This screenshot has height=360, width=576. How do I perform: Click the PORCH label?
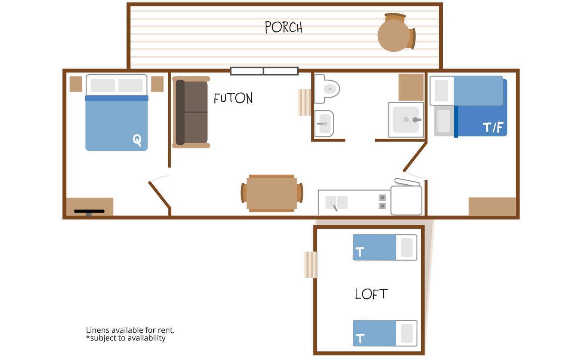(x=284, y=27)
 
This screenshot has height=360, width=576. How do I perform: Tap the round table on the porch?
(x=393, y=36)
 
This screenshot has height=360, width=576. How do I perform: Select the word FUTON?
(x=233, y=98)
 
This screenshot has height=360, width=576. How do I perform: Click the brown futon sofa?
(x=191, y=112)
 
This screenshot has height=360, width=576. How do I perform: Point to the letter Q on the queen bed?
(x=137, y=140)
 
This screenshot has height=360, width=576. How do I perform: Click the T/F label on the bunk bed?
(x=493, y=127)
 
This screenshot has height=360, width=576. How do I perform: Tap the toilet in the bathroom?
(x=327, y=89)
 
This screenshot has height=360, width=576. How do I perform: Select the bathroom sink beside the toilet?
(x=324, y=124)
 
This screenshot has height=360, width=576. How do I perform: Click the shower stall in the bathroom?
(x=406, y=120)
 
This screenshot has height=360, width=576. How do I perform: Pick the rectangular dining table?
(x=272, y=193)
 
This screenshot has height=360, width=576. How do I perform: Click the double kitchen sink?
(x=337, y=203)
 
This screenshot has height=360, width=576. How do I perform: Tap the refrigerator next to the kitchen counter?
(x=406, y=200)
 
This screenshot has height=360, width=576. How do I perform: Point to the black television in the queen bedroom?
(x=89, y=212)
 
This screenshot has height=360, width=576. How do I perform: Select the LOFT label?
(x=371, y=294)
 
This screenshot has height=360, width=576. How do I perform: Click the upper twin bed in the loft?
(x=384, y=247)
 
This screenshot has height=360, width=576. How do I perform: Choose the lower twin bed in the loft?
(x=384, y=333)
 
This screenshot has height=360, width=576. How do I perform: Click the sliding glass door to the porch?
(x=264, y=71)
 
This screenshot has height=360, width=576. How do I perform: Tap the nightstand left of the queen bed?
(x=76, y=84)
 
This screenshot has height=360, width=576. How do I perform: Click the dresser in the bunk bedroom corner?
(x=492, y=207)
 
